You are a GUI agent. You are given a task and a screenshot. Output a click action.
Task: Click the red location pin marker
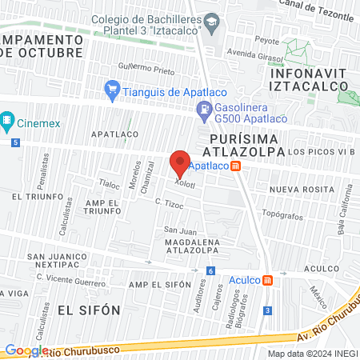(180, 163)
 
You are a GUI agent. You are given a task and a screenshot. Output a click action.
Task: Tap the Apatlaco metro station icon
(235, 166)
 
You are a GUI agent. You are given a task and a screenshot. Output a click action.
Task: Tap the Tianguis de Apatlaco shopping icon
(112, 90)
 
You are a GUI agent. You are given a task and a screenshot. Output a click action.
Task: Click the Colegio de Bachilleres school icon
(210, 20)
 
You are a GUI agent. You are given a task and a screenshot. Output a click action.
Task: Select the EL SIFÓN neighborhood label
(88, 309)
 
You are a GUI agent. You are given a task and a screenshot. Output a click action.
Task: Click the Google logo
(26, 350)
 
